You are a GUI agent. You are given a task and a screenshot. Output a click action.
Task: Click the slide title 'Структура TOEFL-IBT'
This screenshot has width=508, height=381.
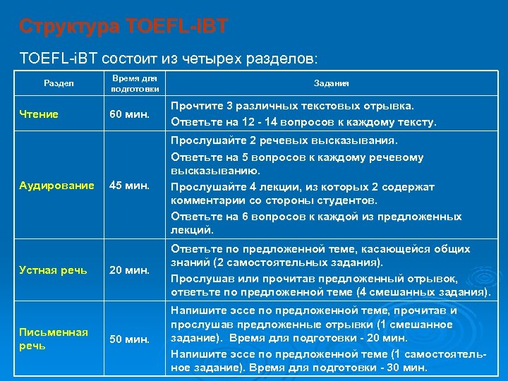(x=123, y=27)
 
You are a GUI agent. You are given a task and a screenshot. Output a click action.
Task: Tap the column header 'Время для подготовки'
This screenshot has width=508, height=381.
(x=134, y=83)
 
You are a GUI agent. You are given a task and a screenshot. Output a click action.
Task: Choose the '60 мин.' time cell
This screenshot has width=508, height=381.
(x=128, y=114)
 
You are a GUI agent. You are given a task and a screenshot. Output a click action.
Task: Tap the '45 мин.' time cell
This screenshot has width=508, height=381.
(x=128, y=186)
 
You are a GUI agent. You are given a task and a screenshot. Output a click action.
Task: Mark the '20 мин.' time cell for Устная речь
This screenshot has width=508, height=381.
(x=128, y=270)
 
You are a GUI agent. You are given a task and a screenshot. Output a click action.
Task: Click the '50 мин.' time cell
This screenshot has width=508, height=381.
(x=128, y=339)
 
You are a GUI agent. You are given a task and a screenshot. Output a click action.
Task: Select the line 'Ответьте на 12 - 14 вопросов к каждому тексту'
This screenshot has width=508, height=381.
(x=303, y=121)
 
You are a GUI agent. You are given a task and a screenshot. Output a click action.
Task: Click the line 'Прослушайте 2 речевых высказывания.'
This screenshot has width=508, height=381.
(x=289, y=140)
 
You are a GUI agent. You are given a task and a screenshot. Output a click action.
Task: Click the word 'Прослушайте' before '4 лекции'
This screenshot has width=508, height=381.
(x=207, y=187)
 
